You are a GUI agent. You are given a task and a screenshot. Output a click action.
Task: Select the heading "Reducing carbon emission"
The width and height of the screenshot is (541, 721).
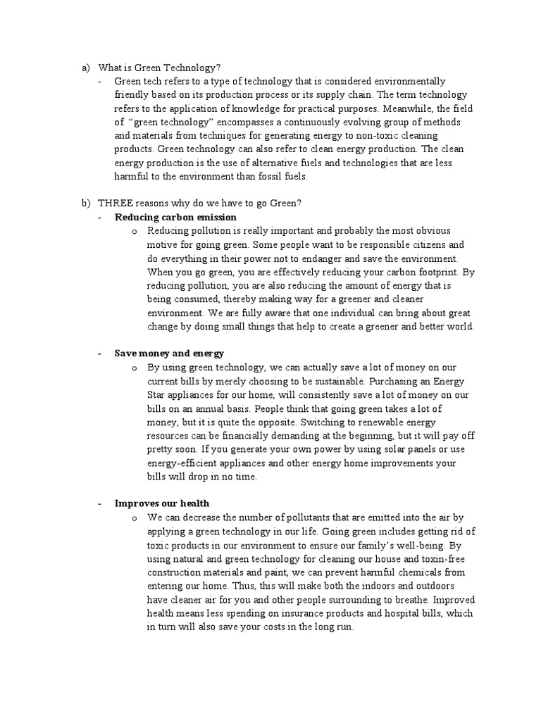pos(175,217)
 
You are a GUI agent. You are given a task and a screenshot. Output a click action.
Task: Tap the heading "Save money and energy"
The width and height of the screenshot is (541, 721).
pos(169,353)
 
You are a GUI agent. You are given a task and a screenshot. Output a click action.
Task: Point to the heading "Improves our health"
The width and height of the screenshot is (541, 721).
pos(162,503)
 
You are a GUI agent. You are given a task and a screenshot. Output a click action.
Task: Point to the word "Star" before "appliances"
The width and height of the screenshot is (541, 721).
pos(157,394)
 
